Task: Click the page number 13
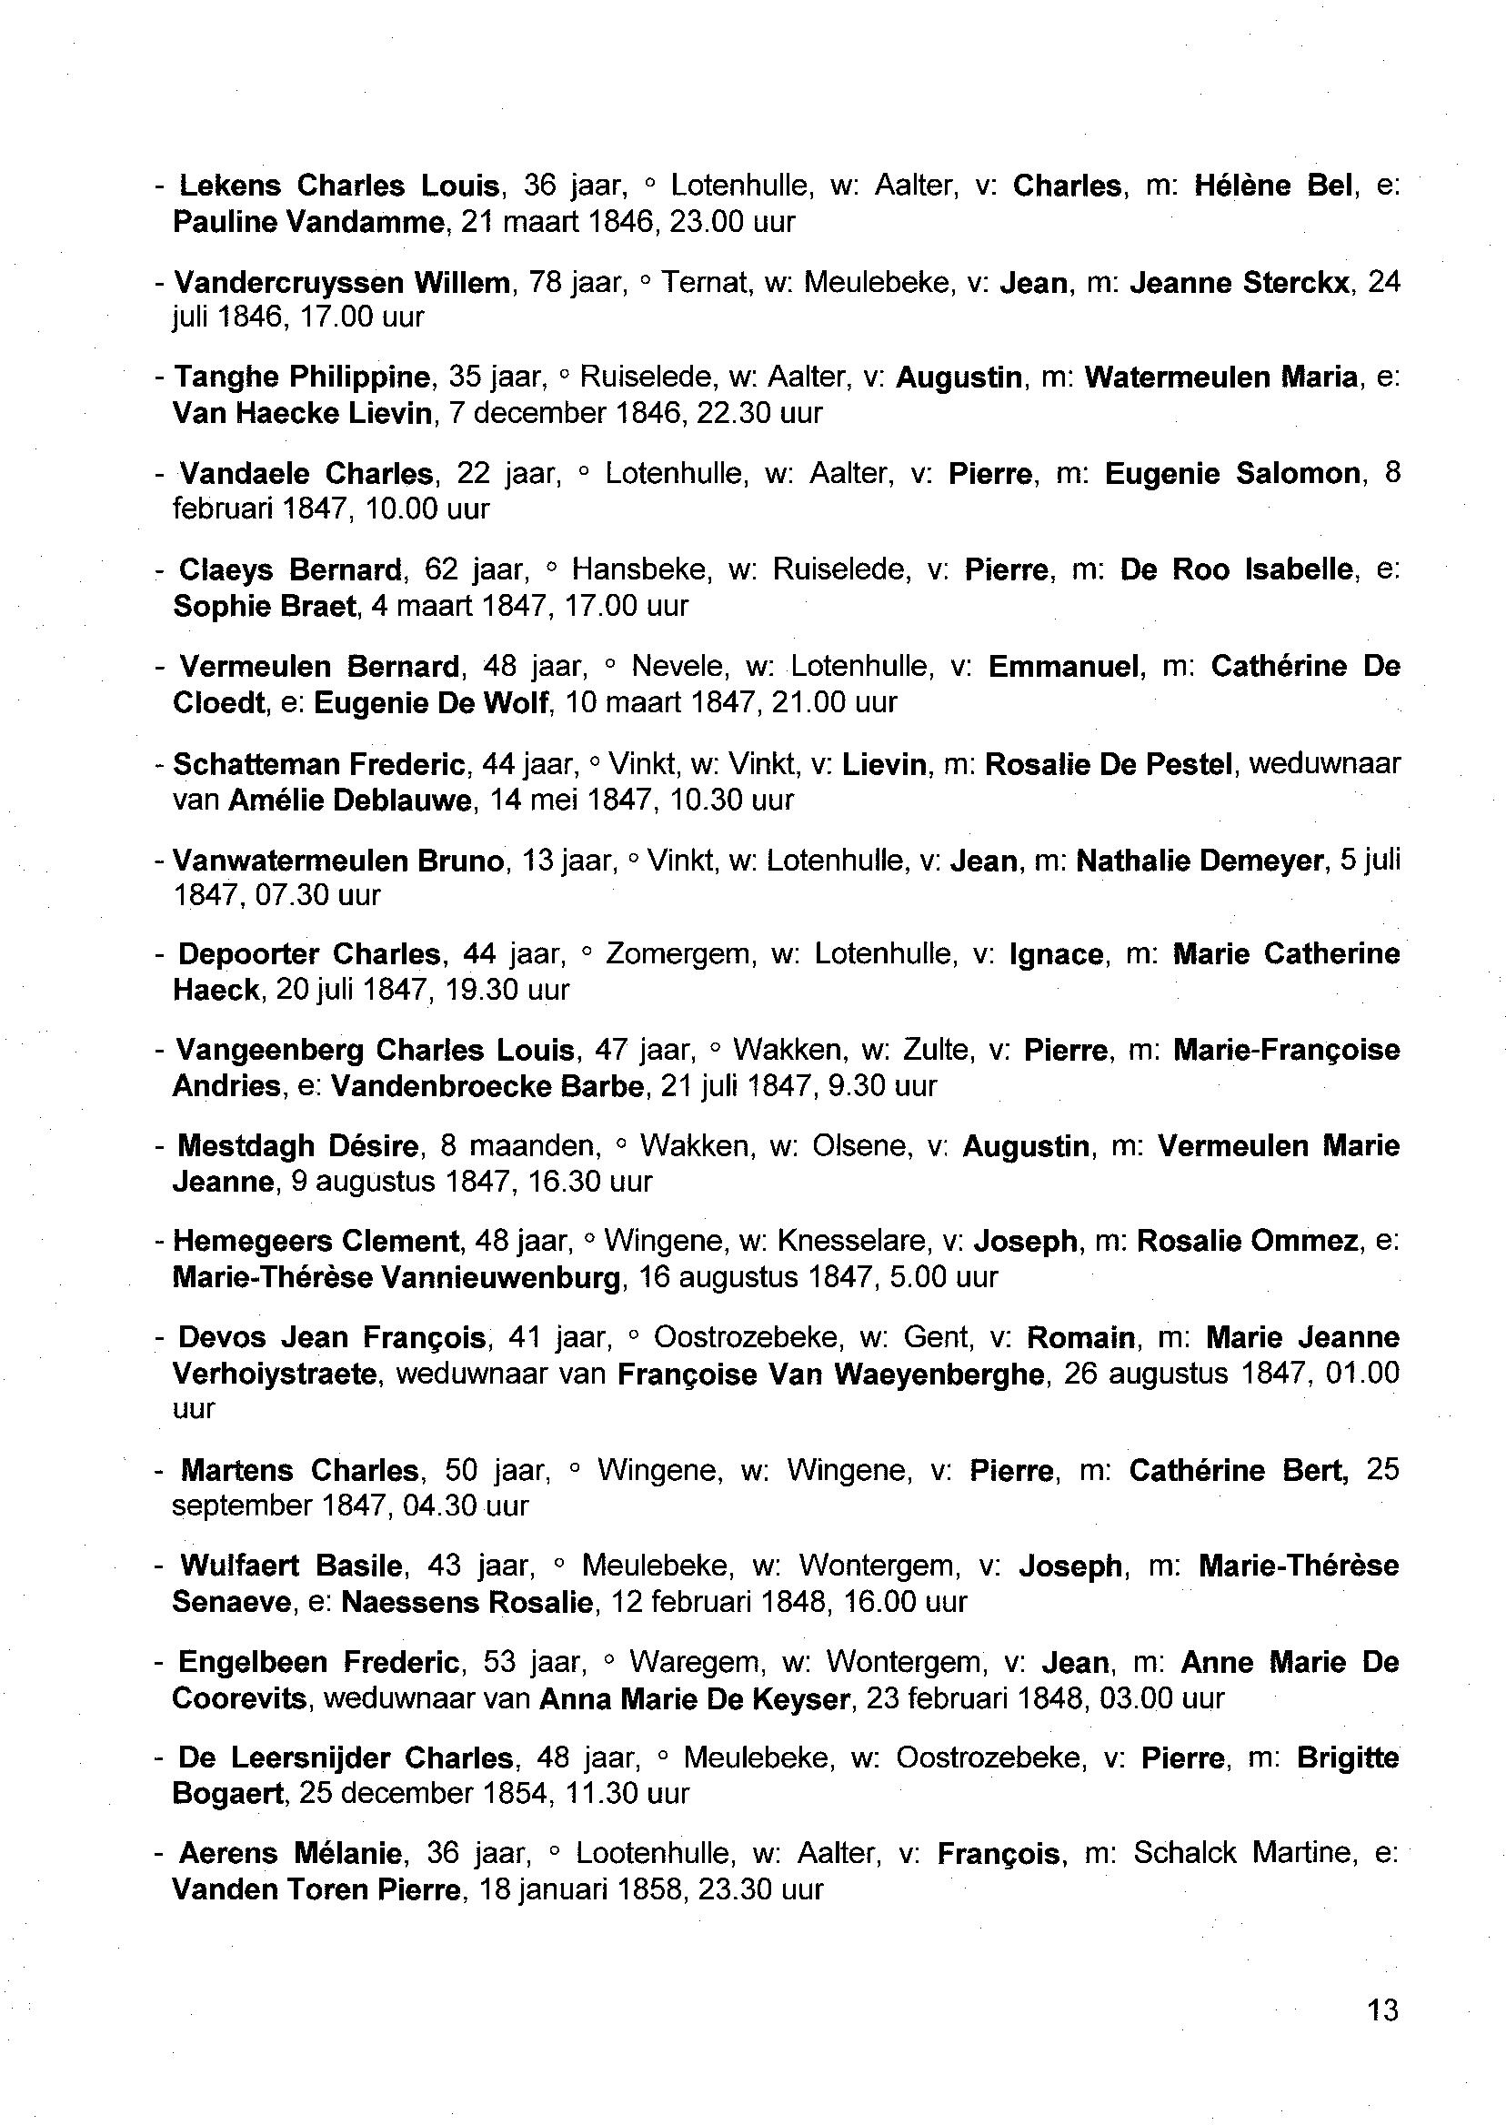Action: tap(1381, 2010)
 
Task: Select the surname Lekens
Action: tap(229, 186)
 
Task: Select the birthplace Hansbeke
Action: tap(641, 569)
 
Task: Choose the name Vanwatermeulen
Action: tap(290, 861)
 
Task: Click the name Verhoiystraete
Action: tap(276, 1374)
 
